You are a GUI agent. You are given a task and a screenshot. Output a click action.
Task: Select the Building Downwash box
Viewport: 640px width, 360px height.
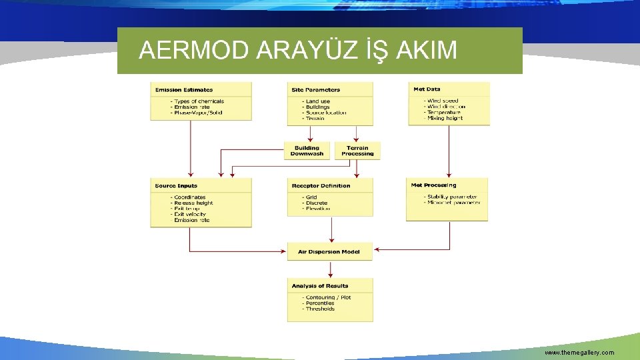(x=307, y=151)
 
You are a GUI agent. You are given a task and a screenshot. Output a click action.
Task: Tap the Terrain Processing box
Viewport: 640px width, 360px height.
(x=357, y=151)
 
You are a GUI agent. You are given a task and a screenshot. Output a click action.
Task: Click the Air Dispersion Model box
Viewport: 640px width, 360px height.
(x=329, y=251)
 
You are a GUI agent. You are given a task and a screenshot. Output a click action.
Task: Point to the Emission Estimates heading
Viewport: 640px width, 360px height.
(x=184, y=89)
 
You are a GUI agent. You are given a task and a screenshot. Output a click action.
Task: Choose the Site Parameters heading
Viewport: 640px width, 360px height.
(x=315, y=89)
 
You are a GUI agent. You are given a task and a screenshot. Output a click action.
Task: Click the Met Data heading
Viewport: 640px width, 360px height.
(x=427, y=89)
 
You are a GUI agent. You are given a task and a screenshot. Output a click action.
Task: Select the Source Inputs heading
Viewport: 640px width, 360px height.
(x=176, y=185)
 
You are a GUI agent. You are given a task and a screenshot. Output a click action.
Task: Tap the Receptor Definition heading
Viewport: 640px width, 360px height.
(x=321, y=185)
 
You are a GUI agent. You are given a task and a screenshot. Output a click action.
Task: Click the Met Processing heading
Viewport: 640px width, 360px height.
(x=434, y=185)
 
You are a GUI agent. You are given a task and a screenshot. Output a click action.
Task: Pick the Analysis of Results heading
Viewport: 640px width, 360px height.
(x=319, y=286)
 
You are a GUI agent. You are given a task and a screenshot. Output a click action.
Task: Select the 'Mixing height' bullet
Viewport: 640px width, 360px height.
(x=445, y=118)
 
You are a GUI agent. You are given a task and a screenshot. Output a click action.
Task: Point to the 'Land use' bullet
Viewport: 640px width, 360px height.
(x=317, y=101)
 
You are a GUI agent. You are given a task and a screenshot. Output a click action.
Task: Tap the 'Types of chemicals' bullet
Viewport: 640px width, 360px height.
(x=199, y=101)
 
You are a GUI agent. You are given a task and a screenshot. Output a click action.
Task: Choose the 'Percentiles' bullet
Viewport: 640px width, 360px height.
(x=321, y=303)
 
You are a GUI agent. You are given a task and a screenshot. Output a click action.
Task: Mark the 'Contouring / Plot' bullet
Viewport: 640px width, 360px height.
(x=327, y=297)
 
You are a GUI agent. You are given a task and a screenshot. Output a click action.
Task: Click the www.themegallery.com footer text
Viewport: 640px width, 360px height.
(x=579, y=352)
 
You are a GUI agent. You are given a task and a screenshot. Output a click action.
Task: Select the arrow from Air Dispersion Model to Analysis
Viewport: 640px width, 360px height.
(x=330, y=268)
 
